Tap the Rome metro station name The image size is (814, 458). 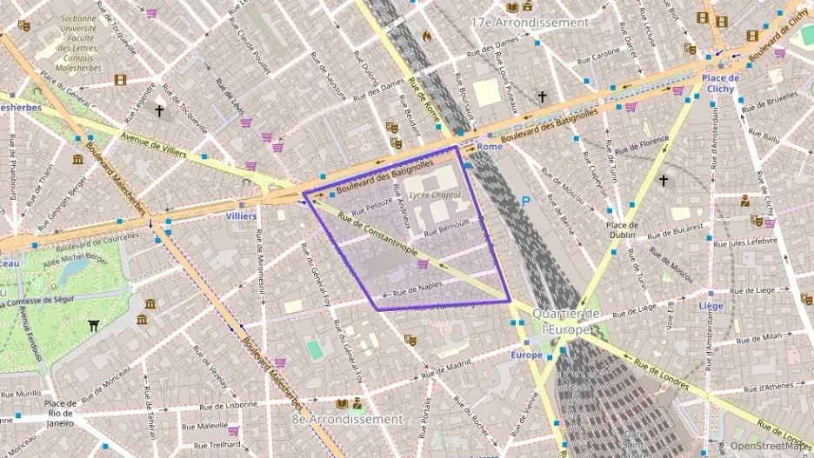tap(490, 147)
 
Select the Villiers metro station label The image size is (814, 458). tap(241, 216)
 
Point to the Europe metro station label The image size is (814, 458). tap(527, 355)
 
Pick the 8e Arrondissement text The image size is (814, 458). tap(347, 419)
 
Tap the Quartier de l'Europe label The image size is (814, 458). tap(566, 321)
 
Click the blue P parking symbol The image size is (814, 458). tap(524, 201)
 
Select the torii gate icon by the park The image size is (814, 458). tap(94, 326)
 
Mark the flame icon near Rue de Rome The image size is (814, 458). tap(426, 36)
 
